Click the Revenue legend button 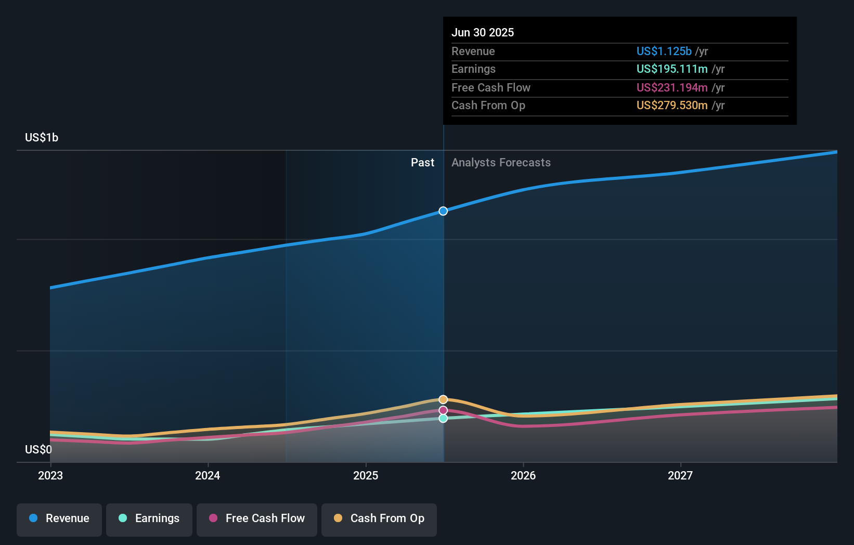click(59, 518)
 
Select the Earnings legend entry click(149, 518)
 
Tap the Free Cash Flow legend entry click(257, 518)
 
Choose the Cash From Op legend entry click(379, 518)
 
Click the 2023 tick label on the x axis click(50, 475)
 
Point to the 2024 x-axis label click(208, 475)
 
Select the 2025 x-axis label click(366, 475)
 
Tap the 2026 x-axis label click(523, 475)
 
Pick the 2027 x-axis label click(680, 475)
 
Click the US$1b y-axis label click(42, 138)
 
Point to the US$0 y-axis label click(38, 449)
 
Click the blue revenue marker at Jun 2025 click(443, 211)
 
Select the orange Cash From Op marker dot click(443, 399)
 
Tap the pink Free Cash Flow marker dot click(443, 410)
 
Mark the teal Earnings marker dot click(443, 419)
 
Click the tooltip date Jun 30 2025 click(483, 33)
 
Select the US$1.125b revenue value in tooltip click(664, 51)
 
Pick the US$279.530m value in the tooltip click(672, 106)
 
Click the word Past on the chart click(422, 163)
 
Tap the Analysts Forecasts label click(501, 163)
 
